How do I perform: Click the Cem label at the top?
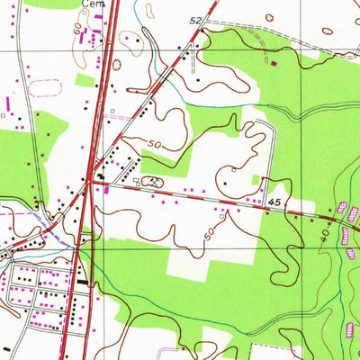coord(93,4)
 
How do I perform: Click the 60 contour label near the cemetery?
coord(77,30)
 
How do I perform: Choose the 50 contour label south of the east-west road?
coord(210,232)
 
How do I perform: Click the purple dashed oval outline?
coord(45,88)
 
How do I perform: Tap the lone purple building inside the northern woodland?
coord(274,63)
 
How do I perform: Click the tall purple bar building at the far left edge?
coord(9,105)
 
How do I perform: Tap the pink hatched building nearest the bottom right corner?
coord(349,328)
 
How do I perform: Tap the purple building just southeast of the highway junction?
coord(106,189)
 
